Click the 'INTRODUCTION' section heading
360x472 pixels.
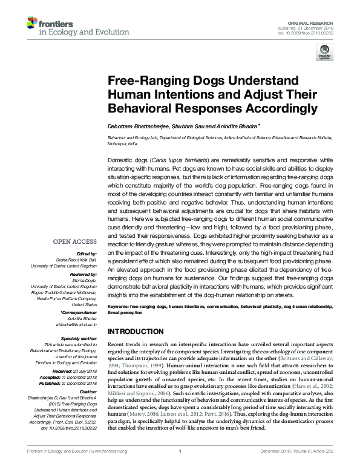(139, 332)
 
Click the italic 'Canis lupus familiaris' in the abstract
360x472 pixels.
(179, 160)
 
